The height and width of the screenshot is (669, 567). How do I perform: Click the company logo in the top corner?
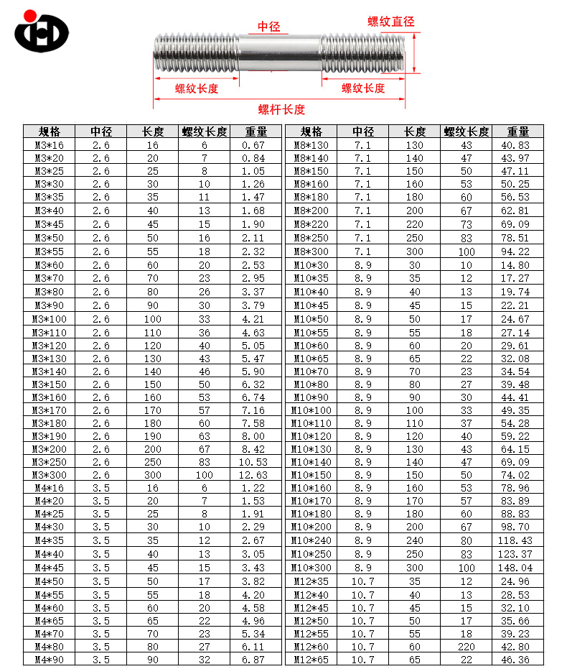(x=42, y=32)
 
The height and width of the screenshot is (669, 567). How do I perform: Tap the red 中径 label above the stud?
(x=269, y=27)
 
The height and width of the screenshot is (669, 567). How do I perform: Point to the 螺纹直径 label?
(x=390, y=22)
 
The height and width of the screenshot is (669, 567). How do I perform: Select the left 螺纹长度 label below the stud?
(x=197, y=88)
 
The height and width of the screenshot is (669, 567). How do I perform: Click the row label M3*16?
(x=50, y=145)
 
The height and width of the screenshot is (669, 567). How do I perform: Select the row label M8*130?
(x=311, y=145)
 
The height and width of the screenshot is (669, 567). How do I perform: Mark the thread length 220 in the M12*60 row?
(x=467, y=646)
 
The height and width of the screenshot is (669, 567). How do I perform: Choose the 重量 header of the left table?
(x=256, y=132)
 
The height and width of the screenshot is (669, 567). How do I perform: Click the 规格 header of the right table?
(x=311, y=132)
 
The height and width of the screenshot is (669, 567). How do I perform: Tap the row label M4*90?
(x=50, y=659)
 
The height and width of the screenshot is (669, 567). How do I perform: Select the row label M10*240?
(x=311, y=540)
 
